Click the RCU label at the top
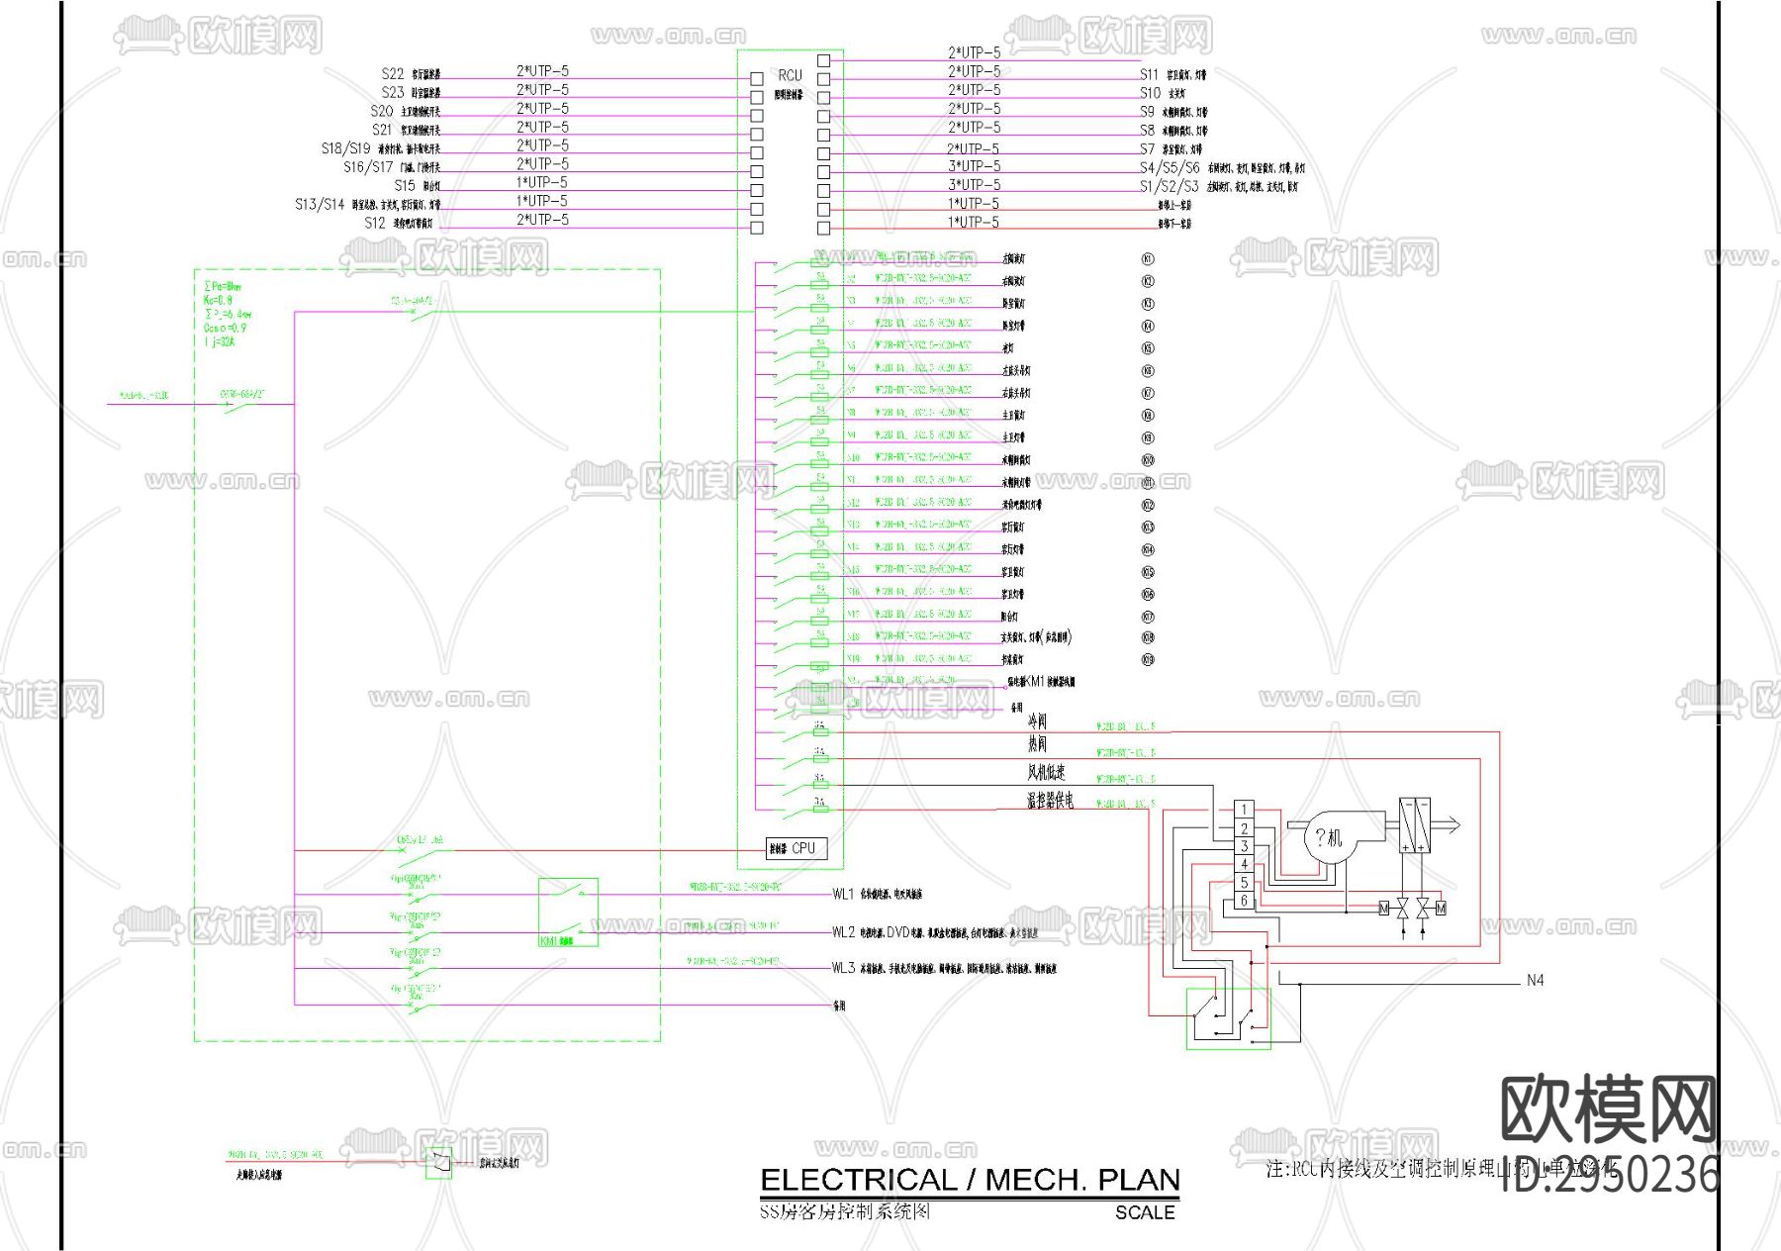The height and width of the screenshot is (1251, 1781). [790, 75]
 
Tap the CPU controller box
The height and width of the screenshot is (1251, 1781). [797, 848]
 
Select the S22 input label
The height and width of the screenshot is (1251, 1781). [393, 73]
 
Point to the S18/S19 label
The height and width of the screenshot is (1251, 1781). [345, 147]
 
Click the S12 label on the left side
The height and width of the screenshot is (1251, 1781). [375, 223]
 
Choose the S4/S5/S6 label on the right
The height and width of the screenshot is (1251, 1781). [1169, 167]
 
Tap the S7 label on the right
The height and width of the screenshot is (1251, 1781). [1147, 148]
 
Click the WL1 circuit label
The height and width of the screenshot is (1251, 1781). [843, 894]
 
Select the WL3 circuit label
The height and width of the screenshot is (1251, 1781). [843, 967]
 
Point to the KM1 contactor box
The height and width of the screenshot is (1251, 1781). [568, 912]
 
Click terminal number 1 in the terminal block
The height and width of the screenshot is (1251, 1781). [1245, 810]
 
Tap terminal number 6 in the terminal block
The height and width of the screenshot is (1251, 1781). [1245, 901]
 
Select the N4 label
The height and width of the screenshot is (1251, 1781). [1535, 980]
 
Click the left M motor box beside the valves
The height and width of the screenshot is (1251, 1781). [1384, 908]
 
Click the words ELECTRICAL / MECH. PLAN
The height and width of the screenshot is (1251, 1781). [970, 1180]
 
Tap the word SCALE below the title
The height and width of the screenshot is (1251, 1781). [1145, 1212]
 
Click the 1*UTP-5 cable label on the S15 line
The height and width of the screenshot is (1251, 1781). [542, 182]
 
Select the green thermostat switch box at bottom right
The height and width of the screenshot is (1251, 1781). [1229, 1017]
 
